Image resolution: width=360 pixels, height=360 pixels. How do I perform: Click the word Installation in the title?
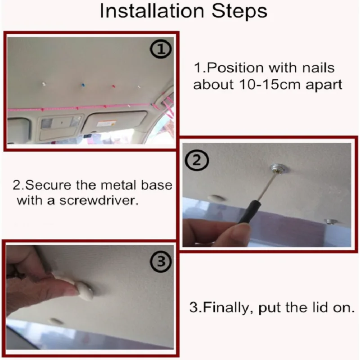tap(152, 11)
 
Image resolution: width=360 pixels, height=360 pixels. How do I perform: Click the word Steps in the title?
tap(239, 11)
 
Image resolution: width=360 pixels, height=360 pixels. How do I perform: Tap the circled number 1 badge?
tap(161, 49)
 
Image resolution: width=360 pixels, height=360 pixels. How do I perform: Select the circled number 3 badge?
tap(161, 261)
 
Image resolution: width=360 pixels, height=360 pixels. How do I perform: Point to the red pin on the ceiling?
tap(113, 86)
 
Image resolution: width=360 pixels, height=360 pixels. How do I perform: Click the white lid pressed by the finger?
tap(85, 291)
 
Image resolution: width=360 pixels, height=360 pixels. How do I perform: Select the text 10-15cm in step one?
tap(270, 85)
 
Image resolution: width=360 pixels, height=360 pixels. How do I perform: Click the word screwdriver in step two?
tap(99, 201)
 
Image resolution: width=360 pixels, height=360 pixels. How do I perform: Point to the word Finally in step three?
tap(228, 308)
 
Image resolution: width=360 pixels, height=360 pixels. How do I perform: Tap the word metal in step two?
tap(119, 185)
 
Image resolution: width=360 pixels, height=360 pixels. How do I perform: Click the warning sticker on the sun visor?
tap(106, 124)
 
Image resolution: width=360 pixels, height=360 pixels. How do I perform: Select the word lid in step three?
tap(318, 307)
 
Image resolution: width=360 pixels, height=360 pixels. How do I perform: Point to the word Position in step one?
tap(235, 68)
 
